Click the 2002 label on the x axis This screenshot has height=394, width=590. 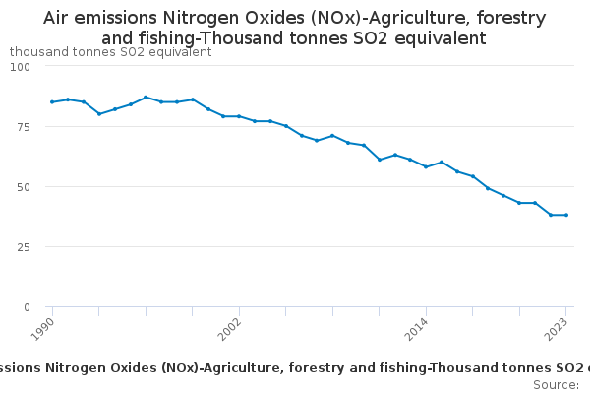click(232, 327)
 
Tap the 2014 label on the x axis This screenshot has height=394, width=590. click(419, 327)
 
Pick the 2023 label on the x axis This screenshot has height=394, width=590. click(559, 327)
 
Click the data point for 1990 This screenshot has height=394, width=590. click(52, 101)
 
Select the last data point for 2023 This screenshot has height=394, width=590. click(566, 215)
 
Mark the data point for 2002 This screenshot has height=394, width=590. click(239, 116)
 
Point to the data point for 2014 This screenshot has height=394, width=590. click(426, 166)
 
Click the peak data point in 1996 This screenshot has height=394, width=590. click(146, 98)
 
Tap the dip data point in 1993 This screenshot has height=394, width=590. click(99, 114)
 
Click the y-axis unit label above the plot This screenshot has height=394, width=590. click(110, 51)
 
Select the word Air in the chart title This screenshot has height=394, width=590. click(58, 18)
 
